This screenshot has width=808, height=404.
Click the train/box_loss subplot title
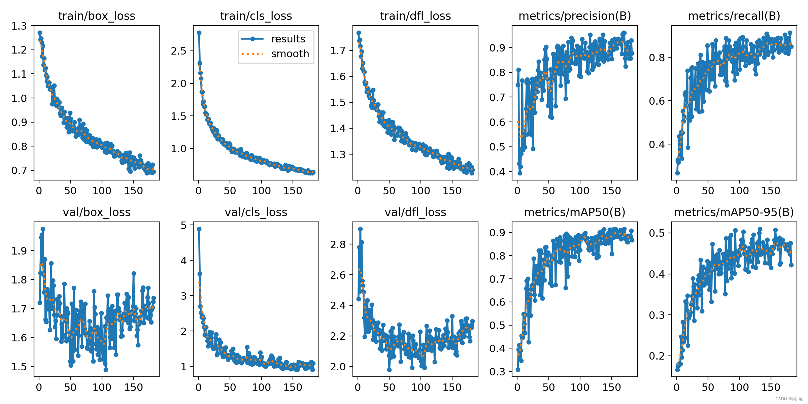(97, 16)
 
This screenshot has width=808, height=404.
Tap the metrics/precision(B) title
(575, 16)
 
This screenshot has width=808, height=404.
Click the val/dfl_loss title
(415, 212)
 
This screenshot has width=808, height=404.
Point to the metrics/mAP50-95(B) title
(734, 212)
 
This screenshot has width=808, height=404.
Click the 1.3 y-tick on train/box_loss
(19, 26)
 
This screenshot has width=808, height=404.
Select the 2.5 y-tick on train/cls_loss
(178, 51)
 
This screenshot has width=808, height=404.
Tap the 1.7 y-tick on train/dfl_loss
(338, 50)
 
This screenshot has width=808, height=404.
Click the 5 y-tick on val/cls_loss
(183, 225)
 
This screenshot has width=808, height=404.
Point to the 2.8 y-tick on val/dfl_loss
(338, 244)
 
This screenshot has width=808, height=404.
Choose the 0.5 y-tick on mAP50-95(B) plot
(657, 233)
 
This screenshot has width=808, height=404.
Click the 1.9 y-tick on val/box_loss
(19, 251)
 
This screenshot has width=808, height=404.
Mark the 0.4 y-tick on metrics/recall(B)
(657, 144)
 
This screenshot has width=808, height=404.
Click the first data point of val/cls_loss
(199, 229)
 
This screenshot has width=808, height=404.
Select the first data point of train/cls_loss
(199, 33)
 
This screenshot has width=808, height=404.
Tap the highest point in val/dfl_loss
(360, 229)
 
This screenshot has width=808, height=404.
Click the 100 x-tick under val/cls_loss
(261, 387)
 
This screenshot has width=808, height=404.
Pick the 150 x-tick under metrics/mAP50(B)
(611, 387)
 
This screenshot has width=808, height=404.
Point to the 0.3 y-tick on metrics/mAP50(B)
(497, 372)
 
